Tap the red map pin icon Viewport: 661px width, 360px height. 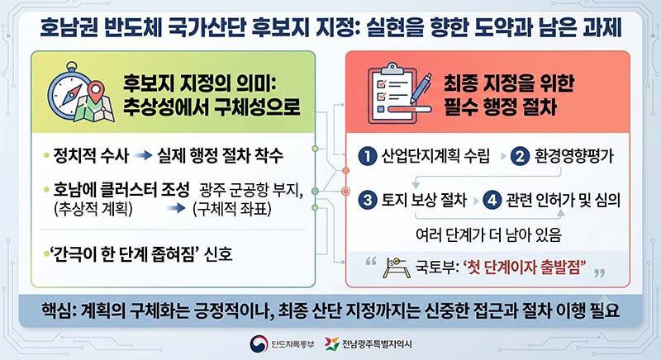(97, 92)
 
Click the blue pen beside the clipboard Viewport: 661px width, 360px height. (421, 90)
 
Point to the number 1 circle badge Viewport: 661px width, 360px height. (368, 156)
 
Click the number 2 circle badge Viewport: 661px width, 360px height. (520, 156)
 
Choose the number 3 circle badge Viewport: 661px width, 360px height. (368, 200)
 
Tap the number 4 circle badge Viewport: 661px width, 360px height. (492, 200)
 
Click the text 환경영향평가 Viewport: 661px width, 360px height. (574, 156)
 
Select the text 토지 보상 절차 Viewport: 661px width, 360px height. (424, 200)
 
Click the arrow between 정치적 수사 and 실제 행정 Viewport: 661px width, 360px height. (143, 156)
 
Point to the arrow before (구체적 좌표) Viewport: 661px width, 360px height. (176, 208)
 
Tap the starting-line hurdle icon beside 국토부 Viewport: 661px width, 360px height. (397, 268)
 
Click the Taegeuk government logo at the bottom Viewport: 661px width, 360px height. (259, 344)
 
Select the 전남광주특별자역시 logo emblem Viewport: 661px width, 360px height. (332, 344)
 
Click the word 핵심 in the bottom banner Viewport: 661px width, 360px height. (55, 310)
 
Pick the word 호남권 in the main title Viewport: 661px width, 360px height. (69, 27)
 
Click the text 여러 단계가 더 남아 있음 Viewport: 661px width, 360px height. (488, 235)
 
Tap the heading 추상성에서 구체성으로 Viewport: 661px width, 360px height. (212, 107)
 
